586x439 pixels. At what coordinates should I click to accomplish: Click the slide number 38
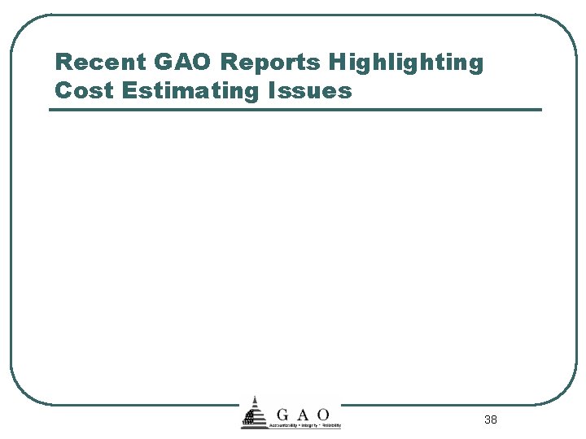point(490,419)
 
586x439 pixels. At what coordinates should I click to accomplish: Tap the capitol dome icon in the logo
point(255,415)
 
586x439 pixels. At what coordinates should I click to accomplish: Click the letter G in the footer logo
point(282,415)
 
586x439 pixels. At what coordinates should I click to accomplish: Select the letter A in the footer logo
point(303,415)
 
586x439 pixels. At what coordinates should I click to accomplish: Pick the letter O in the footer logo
point(323,415)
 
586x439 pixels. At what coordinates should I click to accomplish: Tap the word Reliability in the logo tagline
point(332,425)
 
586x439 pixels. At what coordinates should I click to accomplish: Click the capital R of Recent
point(62,63)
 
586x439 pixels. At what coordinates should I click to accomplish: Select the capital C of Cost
point(63,89)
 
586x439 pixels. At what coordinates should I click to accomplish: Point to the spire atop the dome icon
point(255,399)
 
